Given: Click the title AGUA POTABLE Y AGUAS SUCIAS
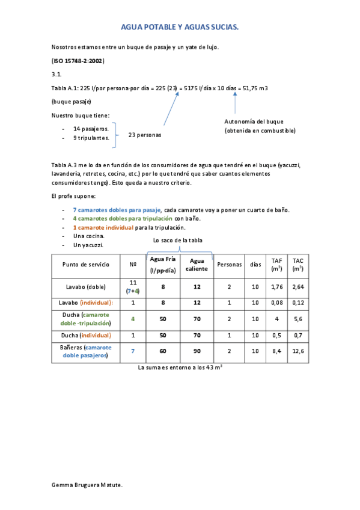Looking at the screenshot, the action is tap(180, 28).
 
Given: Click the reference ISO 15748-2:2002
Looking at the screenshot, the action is tap(78, 61).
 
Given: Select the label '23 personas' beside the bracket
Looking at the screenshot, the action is tap(145, 135).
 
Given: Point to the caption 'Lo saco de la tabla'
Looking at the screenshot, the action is tap(179, 241).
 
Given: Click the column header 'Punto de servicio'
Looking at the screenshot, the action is tap(85, 265).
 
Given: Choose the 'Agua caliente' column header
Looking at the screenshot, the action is tap(197, 265).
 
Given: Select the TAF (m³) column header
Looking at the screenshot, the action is tap(276, 265).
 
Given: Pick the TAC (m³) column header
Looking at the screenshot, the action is tap(297, 265).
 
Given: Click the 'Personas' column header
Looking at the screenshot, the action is tap(229, 265).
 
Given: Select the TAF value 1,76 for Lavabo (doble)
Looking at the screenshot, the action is tap(276, 287).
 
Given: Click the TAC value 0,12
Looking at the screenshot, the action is tap(297, 303).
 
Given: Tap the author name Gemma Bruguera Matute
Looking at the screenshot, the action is tap(87, 484).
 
